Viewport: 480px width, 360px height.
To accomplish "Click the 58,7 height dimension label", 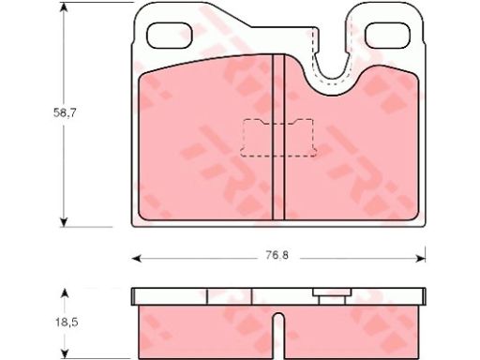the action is point(65,112).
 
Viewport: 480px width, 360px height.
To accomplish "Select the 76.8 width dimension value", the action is point(277,256).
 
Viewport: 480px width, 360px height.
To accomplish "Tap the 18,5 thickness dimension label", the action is point(67,322).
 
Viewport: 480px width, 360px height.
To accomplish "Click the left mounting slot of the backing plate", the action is point(170,36).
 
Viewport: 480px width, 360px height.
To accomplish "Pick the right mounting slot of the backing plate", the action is point(388,36).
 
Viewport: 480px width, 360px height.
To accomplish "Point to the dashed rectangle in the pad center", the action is point(278,138).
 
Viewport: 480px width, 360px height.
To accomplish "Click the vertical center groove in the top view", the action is point(278,138).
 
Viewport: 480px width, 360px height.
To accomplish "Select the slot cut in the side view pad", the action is point(278,336).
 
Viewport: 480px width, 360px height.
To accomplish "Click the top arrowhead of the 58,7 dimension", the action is point(64,7).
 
